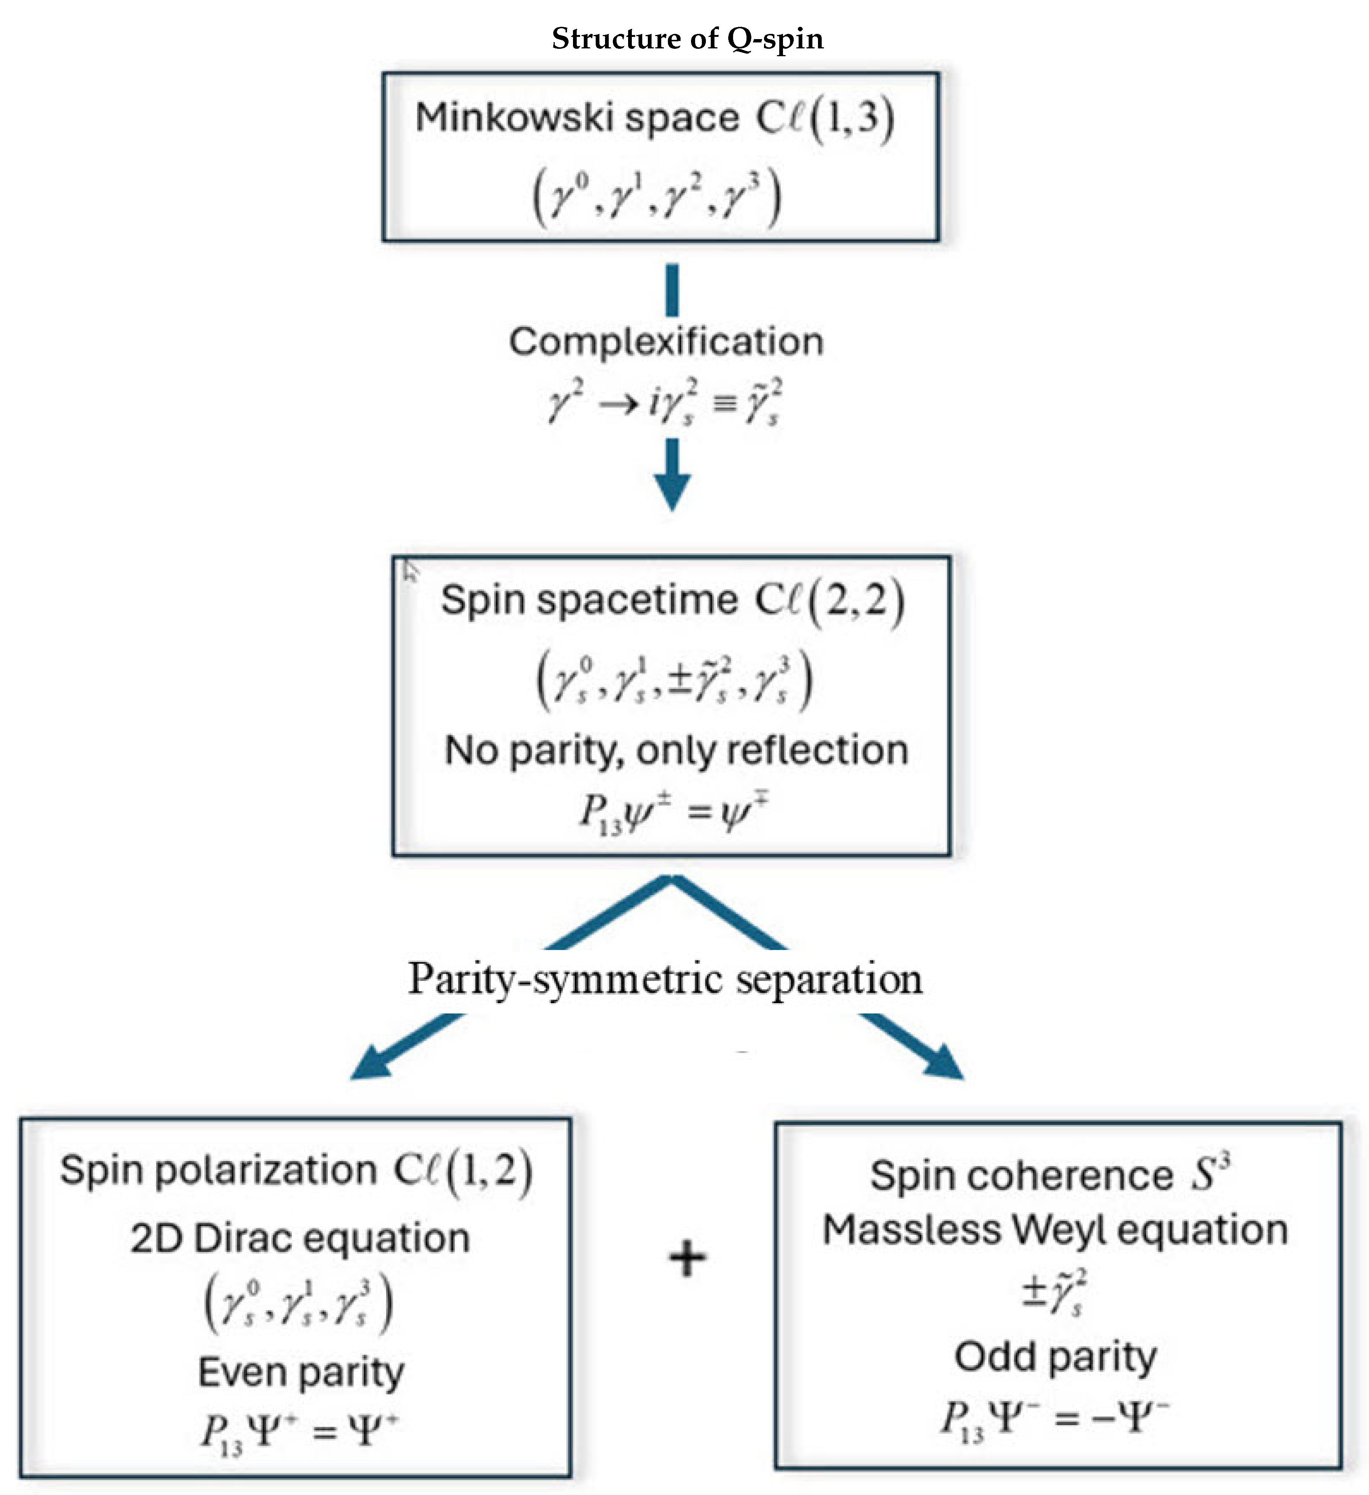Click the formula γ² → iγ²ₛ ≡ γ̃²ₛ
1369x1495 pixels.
pos(665,403)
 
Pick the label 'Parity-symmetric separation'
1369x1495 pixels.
pos(665,979)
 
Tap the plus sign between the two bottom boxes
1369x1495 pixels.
pos(687,1259)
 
